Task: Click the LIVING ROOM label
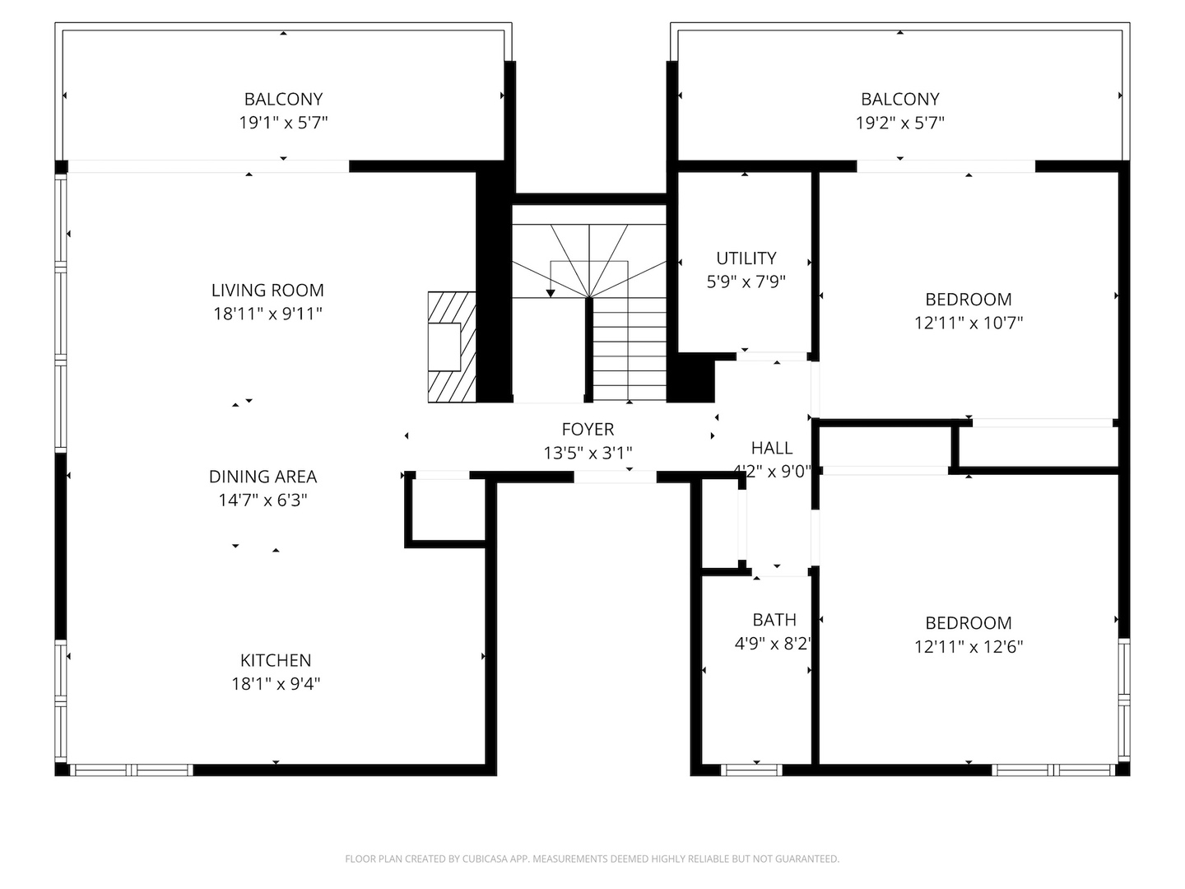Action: tap(267, 290)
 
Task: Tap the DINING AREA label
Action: tap(263, 477)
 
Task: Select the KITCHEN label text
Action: tap(276, 660)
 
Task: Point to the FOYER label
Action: tap(588, 429)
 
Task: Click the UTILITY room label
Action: tap(746, 258)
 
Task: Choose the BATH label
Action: tap(774, 620)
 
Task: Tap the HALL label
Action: tap(772, 448)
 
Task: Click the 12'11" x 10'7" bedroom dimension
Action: tap(969, 323)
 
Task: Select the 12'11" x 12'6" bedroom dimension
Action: tap(969, 647)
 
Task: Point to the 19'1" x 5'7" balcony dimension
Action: tap(283, 123)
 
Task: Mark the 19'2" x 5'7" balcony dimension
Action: tap(899, 123)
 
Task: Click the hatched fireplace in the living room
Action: tap(452, 347)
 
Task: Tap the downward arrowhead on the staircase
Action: tap(551, 293)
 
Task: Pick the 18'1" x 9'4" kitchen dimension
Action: tap(276, 683)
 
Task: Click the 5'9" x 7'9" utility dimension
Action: tap(746, 282)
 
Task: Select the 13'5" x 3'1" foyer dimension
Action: tap(588, 453)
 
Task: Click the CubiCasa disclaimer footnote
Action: tap(592, 859)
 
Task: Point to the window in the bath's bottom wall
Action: tap(750, 770)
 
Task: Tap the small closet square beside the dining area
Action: tap(446, 510)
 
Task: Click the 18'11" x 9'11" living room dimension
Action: tap(267, 314)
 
